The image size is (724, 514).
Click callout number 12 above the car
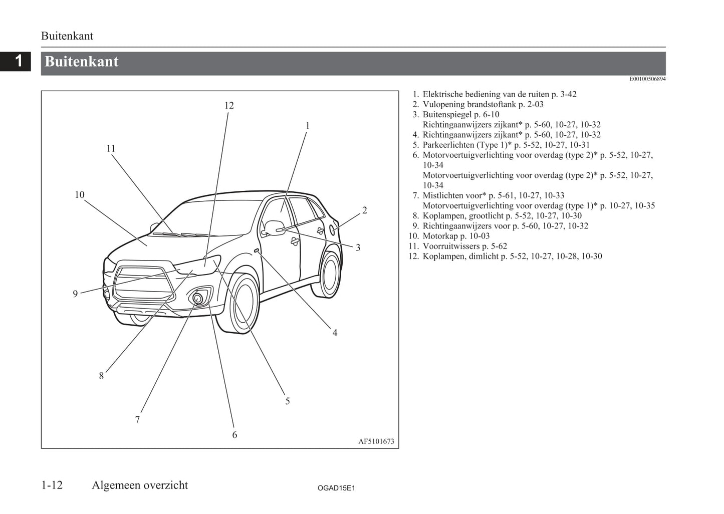click(229, 105)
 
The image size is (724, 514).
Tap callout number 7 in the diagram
click(137, 420)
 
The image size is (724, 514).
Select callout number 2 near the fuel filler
click(365, 210)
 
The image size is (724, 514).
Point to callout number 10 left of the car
click(80, 194)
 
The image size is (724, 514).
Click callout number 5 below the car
click(287, 401)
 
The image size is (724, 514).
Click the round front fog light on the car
click(198, 298)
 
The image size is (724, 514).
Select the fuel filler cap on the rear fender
click(333, 229)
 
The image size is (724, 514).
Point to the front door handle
click(295, 241)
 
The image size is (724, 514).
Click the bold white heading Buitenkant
click(82, 62)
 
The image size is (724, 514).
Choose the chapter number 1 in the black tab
click(19, 61)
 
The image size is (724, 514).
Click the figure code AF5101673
click(376, 441)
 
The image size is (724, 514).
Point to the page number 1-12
click(52, 485)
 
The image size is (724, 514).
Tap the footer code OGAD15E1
click(336, 488)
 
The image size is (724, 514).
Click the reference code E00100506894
click(647, 79)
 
